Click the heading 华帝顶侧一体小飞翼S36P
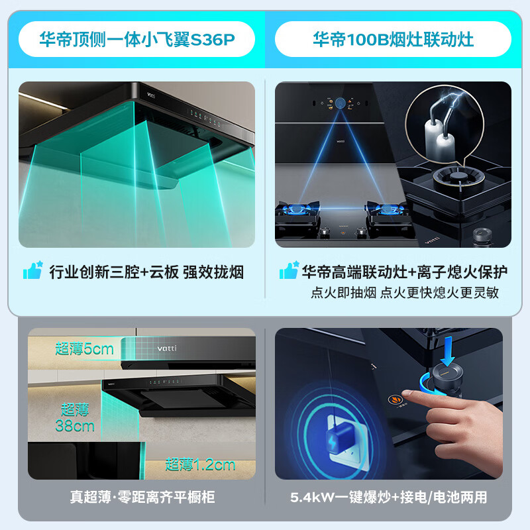pos(136,40)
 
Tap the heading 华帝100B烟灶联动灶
pos(393,40)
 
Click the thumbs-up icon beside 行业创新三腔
pos(32,271)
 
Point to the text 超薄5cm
pos(84,348)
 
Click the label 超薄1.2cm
pos(200,464)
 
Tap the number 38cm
pos(75,426)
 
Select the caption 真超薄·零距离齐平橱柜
pos(142,497)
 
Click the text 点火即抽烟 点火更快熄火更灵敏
pos(404,292)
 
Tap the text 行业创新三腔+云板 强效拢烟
pos(146,272)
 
